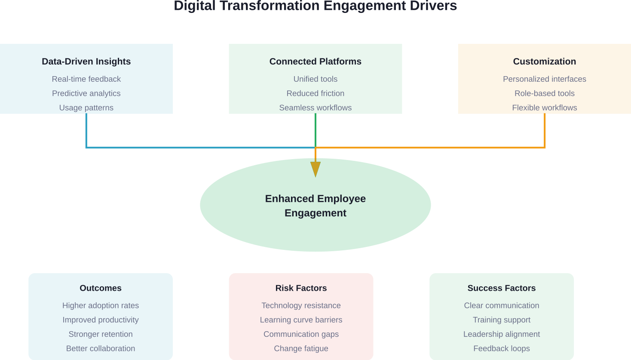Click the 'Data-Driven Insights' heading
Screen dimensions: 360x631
(x=86, y=62)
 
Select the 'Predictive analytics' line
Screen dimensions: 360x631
(x=86, y=93)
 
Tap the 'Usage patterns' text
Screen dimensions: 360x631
(x=86, y=108)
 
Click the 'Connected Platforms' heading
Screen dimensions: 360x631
(x=315, y=62)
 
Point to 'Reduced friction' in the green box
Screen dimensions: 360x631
(x=315, y=93)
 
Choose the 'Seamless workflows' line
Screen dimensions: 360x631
(x=315, y=108)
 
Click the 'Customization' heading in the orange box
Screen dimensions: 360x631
(x=544, y=62)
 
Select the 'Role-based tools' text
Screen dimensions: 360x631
(x=544, y=93)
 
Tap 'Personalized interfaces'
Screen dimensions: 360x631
(x=544, y=79)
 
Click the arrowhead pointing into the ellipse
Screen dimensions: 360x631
(x=315, y=169)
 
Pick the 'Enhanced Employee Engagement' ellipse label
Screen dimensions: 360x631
(x=315, y=206)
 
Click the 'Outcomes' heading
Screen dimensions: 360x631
(x=101, y=288)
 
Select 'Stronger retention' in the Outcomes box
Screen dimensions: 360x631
(x=101, y=334)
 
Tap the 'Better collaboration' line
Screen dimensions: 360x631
(x=101, y=348)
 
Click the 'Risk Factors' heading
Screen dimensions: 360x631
(x=301, y=288)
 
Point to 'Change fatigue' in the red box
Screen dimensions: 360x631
(x=301, y=348)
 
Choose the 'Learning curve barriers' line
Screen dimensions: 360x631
(x=301, y=320)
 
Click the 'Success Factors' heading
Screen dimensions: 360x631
(x=501, y=288)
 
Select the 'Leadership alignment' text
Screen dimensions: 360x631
(x=501, y=334)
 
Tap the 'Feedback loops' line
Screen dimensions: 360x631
(x=501, y=348)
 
